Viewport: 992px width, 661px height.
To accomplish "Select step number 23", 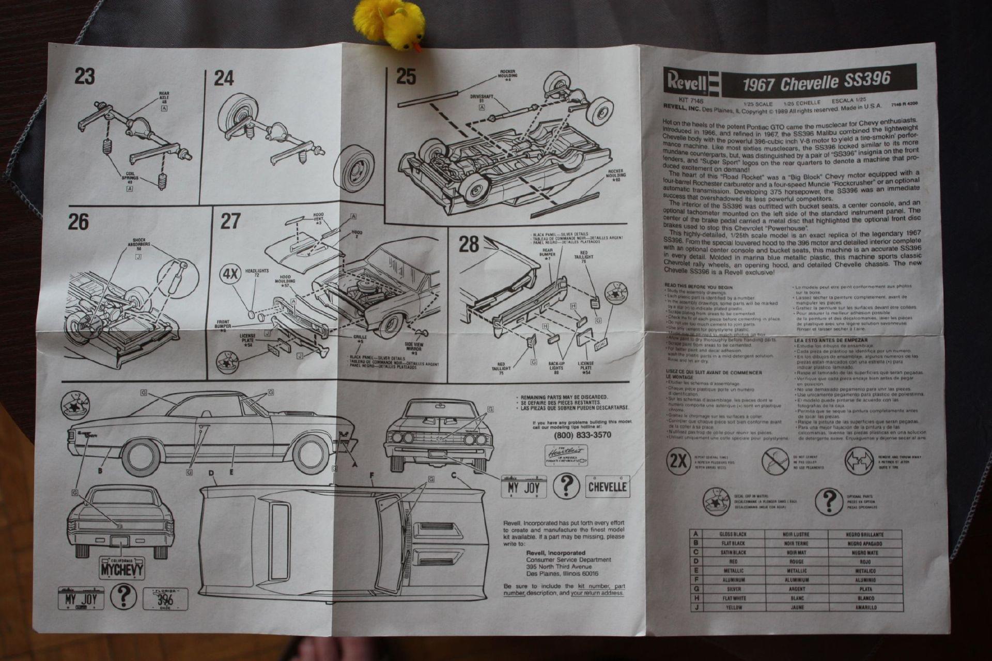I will point(85,76).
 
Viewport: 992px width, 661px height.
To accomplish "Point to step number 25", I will point(406,76).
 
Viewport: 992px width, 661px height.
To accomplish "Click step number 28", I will point(469,244).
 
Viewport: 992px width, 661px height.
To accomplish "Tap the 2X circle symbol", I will point(678,460).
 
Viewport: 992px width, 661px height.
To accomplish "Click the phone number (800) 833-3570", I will point(582,435).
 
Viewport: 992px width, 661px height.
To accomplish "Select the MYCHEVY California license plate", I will point(122,568).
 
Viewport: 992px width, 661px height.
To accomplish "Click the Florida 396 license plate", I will point(165,599).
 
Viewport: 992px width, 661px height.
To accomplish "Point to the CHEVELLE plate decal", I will point(607,486).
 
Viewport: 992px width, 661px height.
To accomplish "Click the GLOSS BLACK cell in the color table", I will point(733,534).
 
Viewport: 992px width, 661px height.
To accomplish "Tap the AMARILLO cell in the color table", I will point(865,607).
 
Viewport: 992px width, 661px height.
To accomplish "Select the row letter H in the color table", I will point(696,598).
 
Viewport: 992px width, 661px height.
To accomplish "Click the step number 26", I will point(79,222).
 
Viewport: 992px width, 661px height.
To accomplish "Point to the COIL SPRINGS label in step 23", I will point(130,176).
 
